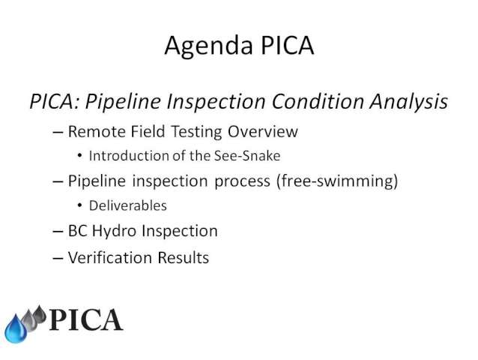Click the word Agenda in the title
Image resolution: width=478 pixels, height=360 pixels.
click(x=208, y=46)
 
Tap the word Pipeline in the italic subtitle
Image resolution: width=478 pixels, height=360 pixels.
click(x=123, y=102)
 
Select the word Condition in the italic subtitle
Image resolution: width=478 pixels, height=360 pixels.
click(x=318, y=101)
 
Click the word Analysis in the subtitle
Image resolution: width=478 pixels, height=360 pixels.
click(x=409, y=102)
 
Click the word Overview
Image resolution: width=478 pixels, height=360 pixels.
click(x=263, y=131)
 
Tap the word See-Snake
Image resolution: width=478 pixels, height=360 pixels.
click(x=247, y=156)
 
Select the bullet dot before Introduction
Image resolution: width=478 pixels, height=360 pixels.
click(x=80, y=156)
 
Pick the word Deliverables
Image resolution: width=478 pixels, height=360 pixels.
click(x=127, y=205)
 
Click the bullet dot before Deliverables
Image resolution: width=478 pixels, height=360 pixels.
click(x=80, y=206)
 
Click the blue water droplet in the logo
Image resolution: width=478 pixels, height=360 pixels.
click(x=16, y=329)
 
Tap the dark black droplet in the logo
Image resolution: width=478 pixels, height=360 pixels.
click(x=39, y=314)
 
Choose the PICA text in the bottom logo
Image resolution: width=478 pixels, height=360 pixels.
click(x=85, y=319)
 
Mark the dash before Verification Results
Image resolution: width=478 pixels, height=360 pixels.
click(x=58, y=258)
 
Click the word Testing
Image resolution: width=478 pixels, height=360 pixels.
click(x=196, y=132)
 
